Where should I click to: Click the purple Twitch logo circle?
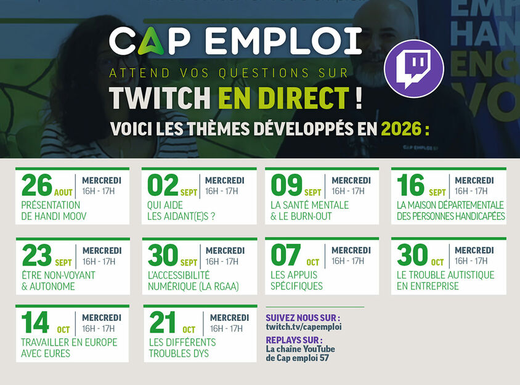click(414, 68)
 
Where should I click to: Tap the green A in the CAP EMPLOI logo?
click(150, 41)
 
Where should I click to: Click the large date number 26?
click(37, 185)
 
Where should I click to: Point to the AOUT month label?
click(63, 192)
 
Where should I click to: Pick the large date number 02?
click(163, 185)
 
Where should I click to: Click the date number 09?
click(286, 185)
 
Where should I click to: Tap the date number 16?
click(410, 185)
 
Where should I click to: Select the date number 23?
click(37, 255)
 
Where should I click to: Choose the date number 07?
click(286, 255)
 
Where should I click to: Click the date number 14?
click(35, 322)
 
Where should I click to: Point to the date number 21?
click(162, 322)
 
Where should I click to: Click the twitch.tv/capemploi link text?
click(304, 327)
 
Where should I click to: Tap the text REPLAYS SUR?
click(294, 340)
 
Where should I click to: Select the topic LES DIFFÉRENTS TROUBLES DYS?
click(182, 348)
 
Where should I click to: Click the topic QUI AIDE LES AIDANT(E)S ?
click(181, 211)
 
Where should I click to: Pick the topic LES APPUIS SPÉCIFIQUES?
click(296, 280)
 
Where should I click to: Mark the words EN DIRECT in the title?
click(284, 98)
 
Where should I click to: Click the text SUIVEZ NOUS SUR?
click(303, 318)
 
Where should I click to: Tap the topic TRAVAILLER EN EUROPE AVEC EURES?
click(69, 348)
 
